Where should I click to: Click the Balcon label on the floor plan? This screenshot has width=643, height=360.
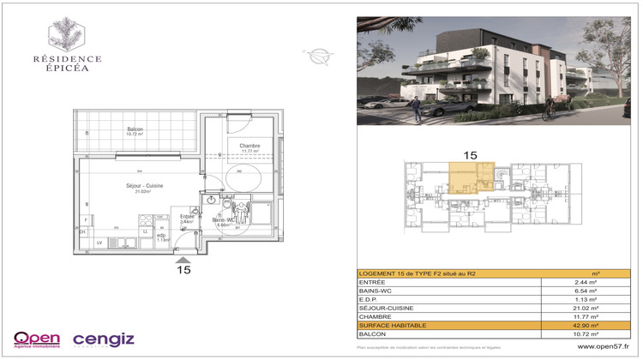pyautogui.click(x=135, y=129)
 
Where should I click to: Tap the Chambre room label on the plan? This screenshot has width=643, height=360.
pyautogui.click(x=249, y=147)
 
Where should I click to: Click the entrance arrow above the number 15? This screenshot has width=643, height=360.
pyautogui.click(x=182, y=257)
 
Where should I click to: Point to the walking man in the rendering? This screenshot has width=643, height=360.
pyautogui.click(x=417, y=107)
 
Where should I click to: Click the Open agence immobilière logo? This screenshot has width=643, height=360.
pyautogui.click(x=37, y=339)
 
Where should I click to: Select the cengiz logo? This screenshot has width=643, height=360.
pyautogui.click(x=103, y=339)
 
